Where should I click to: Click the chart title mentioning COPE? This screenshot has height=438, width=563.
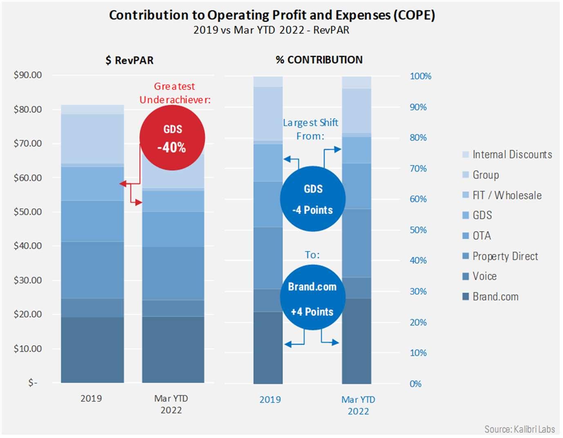tap(272, 15)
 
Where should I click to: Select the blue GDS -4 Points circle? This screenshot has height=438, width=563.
tap(313, 199)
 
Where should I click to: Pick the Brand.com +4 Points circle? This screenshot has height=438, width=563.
tap(313, 298)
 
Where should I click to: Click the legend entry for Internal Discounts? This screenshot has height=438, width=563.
tap(512, 155)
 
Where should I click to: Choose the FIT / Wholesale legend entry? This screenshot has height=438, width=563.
tap(507, 195)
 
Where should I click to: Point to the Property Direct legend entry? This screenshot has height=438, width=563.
tap(505, 256)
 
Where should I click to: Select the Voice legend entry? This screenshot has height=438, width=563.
tap(484, 276)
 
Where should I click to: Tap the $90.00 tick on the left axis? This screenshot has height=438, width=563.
tap(28, 75)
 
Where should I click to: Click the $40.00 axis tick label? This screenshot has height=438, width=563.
tap(28, 246)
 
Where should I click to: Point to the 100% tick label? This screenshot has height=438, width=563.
tap(420, 76)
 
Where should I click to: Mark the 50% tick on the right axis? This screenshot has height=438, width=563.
tap(418, 230)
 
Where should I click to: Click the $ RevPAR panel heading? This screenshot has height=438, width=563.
tap(130, 61)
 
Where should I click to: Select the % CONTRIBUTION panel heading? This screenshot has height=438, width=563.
tap(319, 60)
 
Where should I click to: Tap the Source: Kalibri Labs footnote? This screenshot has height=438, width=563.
tap(519, 429)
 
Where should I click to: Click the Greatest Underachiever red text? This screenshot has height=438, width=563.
tap(175, 93)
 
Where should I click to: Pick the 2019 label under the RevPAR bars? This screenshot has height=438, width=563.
tap(91, 398)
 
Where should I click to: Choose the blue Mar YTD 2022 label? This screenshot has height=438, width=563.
tap(358, 405)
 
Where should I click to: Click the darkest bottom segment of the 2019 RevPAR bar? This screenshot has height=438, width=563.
tap(92, 350)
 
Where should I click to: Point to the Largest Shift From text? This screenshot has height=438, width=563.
tap(311, 129)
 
